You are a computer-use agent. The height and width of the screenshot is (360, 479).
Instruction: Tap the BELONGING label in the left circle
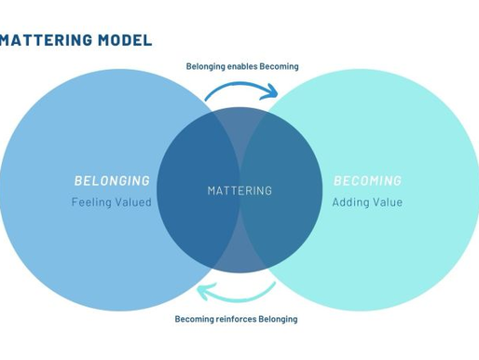point(112,181)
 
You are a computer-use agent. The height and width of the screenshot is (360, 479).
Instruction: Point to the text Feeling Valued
point(112,201)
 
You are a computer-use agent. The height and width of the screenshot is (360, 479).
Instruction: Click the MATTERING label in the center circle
point(239,190)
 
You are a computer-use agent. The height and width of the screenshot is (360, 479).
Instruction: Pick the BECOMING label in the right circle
point(367,181)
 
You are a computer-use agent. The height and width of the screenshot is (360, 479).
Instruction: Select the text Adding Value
point(367,201)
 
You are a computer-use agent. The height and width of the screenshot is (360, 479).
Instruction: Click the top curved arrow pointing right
point(240,89)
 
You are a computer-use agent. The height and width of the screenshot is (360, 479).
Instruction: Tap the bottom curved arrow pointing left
point(238,293)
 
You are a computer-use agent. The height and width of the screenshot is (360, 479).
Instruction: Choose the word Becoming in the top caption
point(281,66)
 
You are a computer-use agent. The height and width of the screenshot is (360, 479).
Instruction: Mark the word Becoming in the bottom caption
point(193,319)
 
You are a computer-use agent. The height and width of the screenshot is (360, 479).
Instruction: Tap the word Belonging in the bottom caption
point(276,319)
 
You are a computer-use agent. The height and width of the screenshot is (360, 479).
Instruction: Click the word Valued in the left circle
point(132,201)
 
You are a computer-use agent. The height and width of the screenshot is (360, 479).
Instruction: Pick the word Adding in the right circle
point(351,201)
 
